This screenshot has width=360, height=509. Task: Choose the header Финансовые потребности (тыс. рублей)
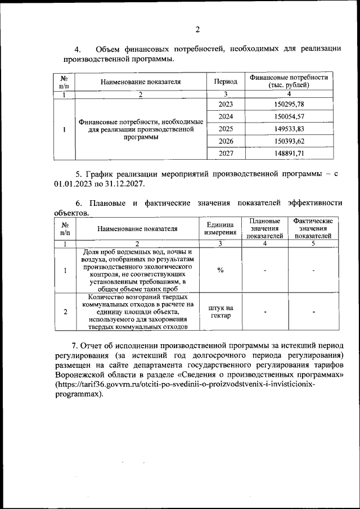coord(289,81)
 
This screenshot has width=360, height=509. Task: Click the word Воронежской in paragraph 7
coord(92,374)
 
